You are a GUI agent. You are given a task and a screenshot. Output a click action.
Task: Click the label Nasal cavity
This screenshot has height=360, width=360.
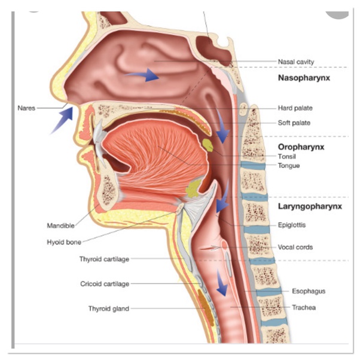click(x=296, y=62)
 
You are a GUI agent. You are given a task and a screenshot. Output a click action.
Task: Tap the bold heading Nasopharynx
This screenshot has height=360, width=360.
click(x=304, y=78)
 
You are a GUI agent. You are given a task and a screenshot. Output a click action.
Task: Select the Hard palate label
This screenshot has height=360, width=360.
click(x=295, y=108)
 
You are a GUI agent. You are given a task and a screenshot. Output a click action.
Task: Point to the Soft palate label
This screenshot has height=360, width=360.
click(x=294, y=123)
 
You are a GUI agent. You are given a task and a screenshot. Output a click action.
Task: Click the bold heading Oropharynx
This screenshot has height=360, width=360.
click(x=300, y=146)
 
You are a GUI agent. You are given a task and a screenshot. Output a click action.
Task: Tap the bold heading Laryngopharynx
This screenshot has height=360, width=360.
click(x=310, y=207)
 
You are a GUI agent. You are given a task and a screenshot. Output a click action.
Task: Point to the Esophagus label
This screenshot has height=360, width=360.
click(x=309, y=291)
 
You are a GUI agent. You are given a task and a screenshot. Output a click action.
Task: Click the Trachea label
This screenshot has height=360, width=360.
click(x=304, y=308)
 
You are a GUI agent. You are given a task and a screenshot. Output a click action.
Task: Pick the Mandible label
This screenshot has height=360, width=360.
click(x=60, y=226)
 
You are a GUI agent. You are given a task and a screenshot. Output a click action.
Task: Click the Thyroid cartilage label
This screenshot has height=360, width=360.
click(x=103, y=259)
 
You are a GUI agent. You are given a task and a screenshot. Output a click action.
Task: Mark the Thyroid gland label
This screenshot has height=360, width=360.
click(x=108, y=309)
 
